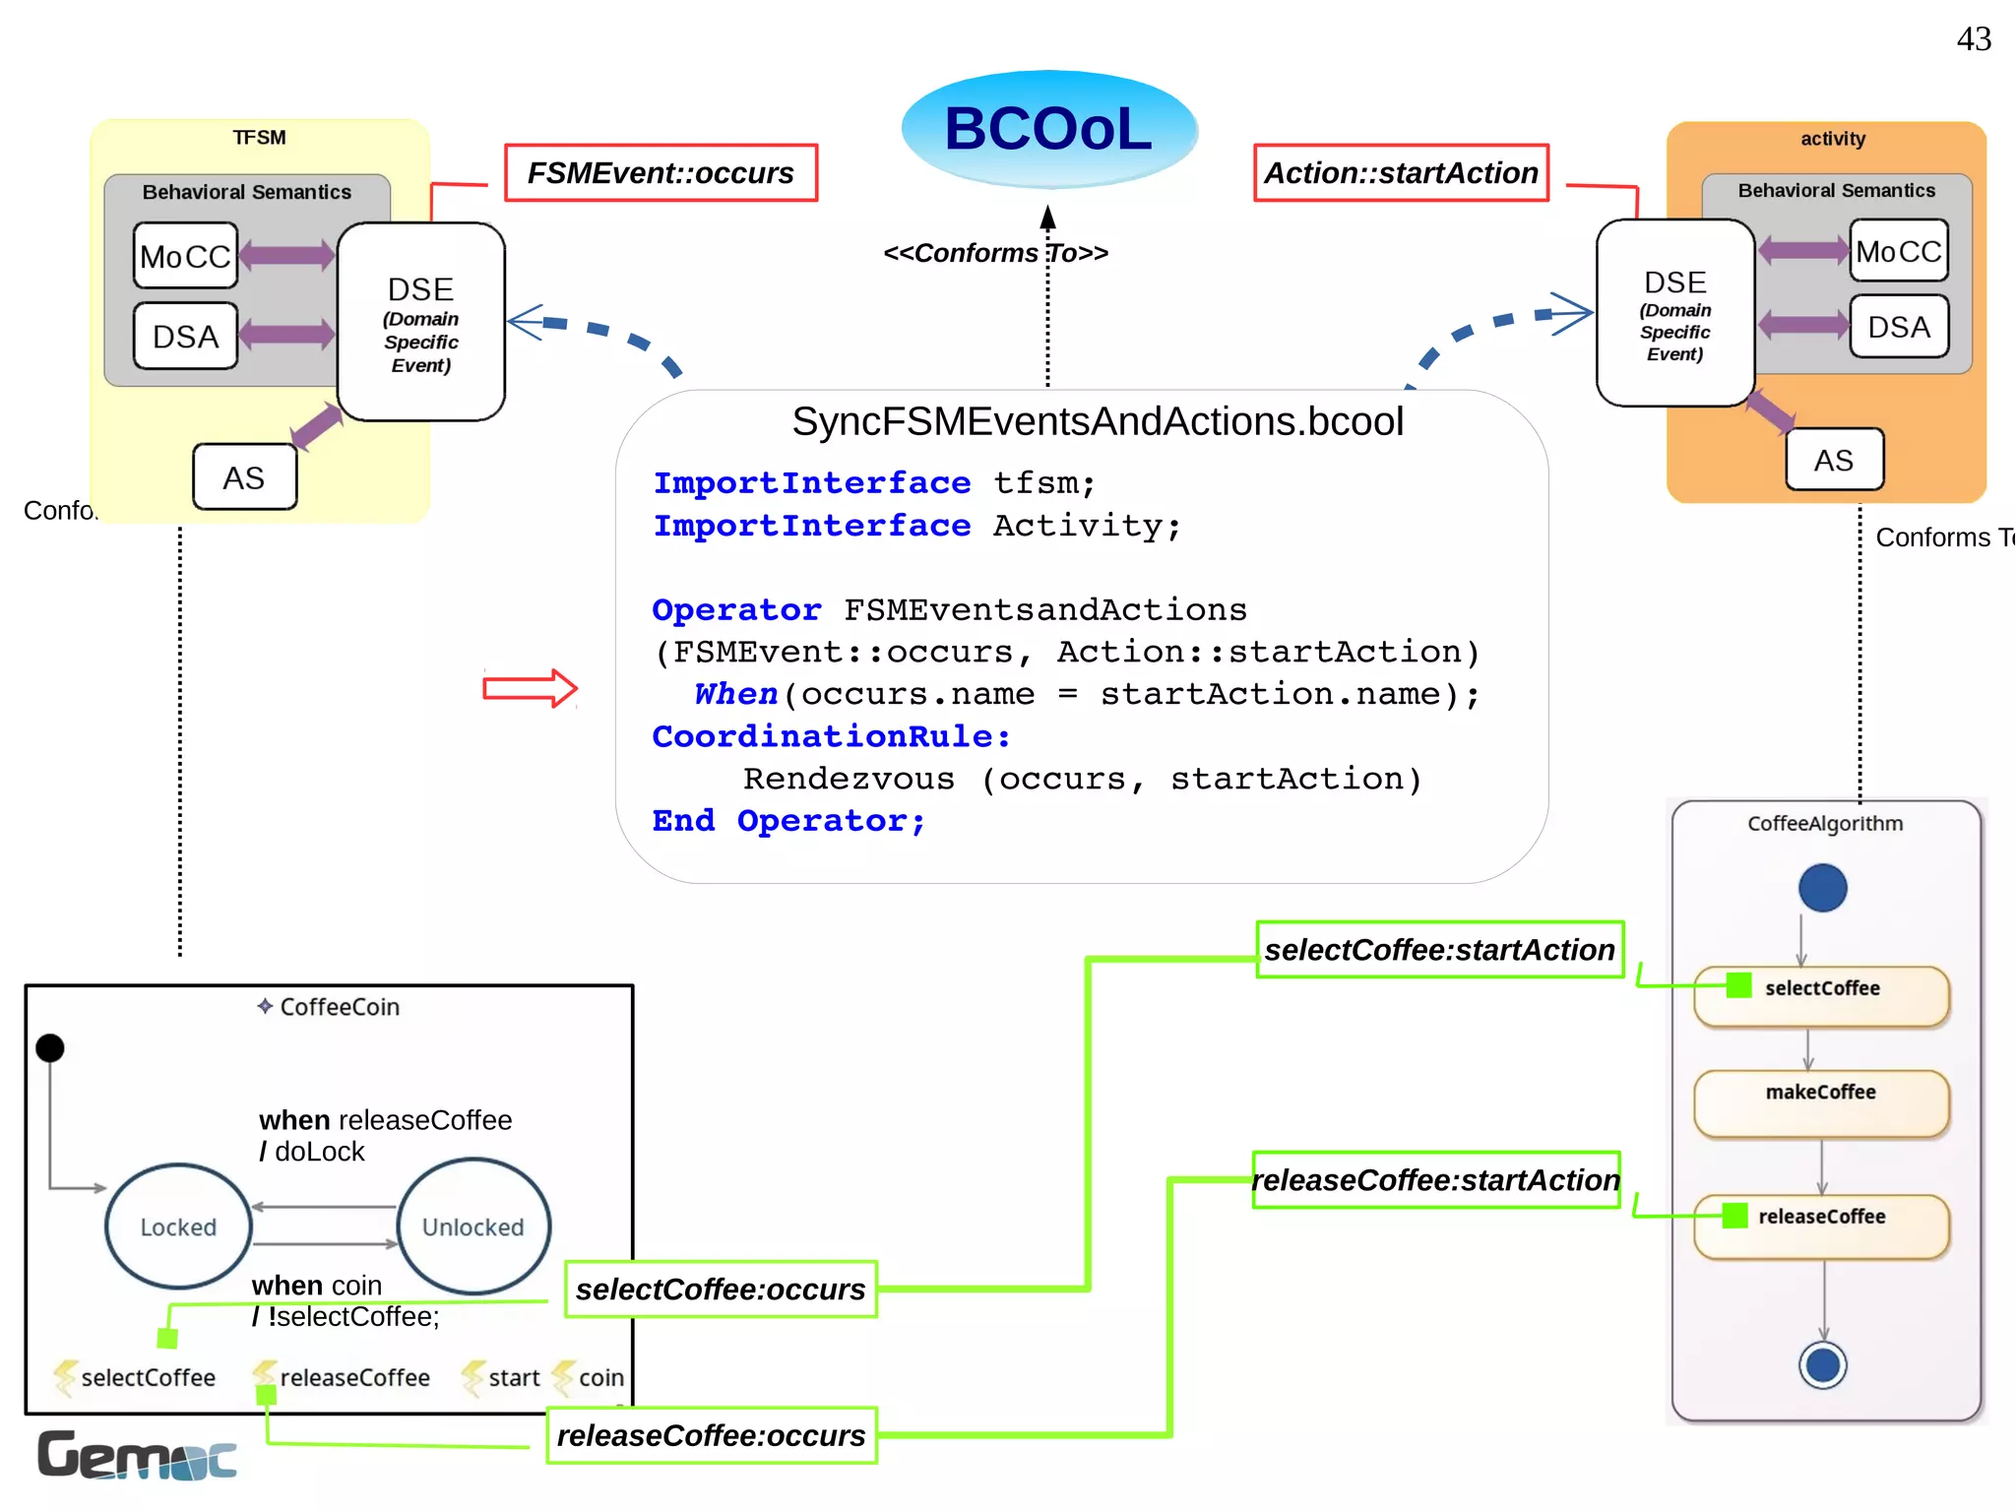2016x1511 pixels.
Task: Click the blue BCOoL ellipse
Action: coord(1048,129)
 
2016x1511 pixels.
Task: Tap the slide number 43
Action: coord(1974,39)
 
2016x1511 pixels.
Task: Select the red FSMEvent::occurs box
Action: coord(661,173)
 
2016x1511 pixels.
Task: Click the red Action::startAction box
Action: coord(1401,173)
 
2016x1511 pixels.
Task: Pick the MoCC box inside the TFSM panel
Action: coord(185,256)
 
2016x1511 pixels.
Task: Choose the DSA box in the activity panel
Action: coord(1898,327)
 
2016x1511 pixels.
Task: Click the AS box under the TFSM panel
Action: coord(244,477)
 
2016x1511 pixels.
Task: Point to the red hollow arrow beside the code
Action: coord(530,688)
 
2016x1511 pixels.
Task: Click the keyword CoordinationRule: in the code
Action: coord(831,736)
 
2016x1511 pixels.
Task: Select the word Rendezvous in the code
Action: coord(849,779)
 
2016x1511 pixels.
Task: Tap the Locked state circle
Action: coord(178,1227)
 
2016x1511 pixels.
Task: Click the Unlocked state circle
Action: coord(473,1227)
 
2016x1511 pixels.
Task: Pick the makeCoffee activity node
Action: coord(1821,1102)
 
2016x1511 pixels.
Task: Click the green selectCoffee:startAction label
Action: coord(1439,950)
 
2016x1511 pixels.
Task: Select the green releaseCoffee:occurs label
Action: coord(711,1435)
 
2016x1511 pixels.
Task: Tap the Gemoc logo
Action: coord(137,1455)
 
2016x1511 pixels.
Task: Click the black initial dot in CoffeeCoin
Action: coord(50,1048)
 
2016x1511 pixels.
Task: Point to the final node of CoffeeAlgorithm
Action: coord(1822,1365)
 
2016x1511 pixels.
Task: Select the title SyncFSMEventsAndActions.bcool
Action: coord(1098,421)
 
